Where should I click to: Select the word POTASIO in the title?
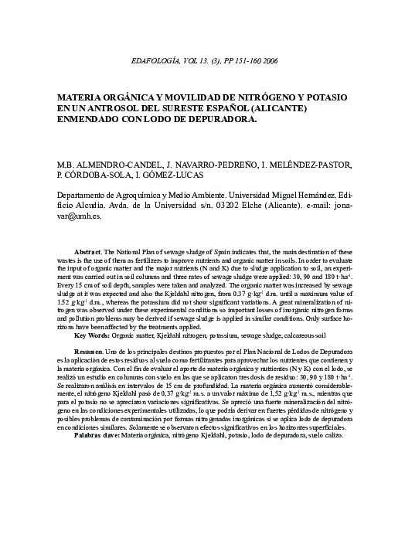tap(326, 98)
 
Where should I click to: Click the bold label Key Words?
tap(93, 336)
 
